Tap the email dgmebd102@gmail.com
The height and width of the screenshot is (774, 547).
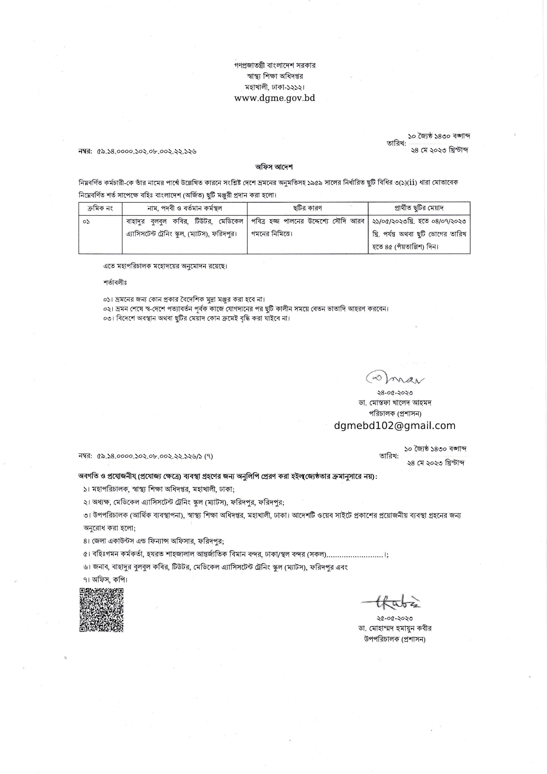tap(395, 426)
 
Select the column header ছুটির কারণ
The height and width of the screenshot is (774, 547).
tap(307, 208)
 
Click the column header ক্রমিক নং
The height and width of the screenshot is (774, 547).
tap(100, 208)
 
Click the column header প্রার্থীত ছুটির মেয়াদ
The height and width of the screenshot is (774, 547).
tap(419, 208)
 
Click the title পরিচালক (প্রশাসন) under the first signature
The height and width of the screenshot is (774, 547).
tap(395, 413)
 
